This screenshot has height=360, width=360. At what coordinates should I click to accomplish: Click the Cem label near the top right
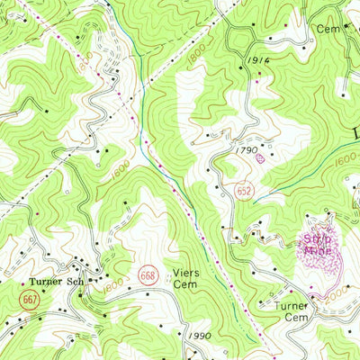click(326, 29)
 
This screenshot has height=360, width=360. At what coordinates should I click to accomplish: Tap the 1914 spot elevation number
click(256, 61)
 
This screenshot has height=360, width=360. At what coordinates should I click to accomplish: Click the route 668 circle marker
click(148, 272)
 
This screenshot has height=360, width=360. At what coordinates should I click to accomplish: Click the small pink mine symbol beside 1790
click(261, 157)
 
